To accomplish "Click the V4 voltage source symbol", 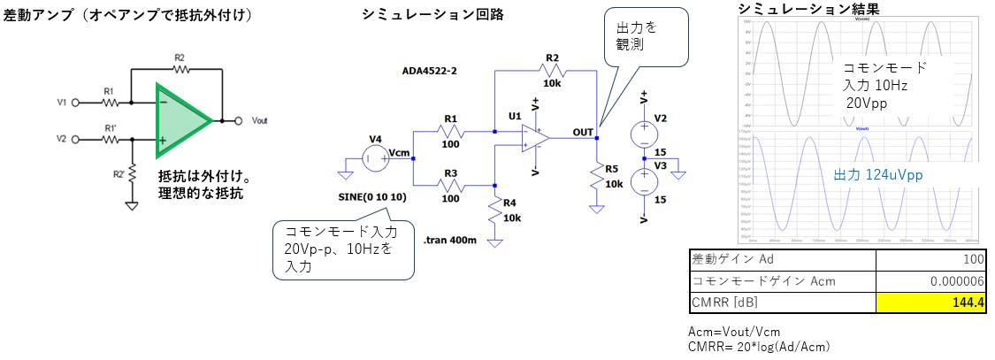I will click(376, 159).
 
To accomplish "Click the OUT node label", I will click(583, 132).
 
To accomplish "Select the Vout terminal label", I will click(260, 119).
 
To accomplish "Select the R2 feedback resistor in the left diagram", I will click(180, 66).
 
